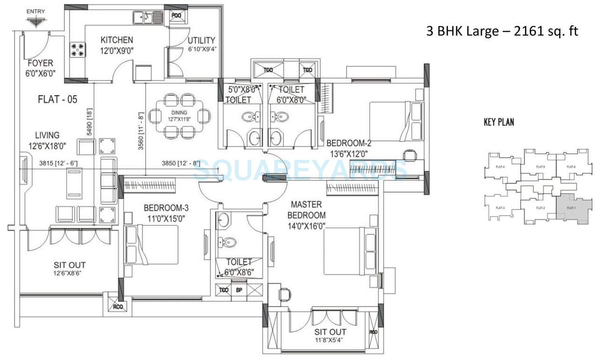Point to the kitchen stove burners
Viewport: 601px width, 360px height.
point(78,50)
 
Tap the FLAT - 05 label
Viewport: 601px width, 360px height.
point(57,99)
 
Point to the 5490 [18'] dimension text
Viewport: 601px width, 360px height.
point(89,123)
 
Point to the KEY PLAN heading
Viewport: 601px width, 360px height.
point(499,122)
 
